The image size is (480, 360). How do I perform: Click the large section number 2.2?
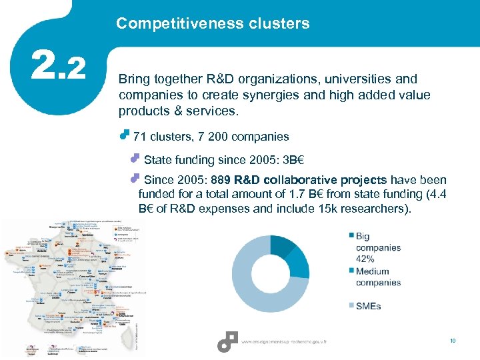59,67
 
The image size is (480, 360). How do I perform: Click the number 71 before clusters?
140,137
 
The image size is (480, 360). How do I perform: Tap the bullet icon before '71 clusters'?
123,135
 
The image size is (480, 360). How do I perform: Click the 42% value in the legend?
365,259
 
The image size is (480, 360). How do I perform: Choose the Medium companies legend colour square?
351,270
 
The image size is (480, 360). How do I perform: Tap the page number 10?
453,341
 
